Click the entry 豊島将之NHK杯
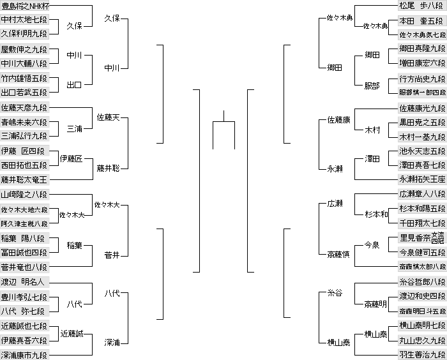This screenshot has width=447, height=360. (x=24, y=6)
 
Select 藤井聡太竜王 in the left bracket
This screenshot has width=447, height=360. (x=24, y=180)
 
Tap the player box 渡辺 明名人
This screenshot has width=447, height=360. (x=24, y=281)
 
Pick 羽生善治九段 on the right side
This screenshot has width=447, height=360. (x=421, y=354)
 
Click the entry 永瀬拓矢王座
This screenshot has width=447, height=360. (x=421, y=180)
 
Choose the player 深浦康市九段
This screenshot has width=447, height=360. (x=24, y=354)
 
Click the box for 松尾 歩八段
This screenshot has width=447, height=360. (x=421, y=6)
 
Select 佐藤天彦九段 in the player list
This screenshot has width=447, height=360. (x=24, y=107)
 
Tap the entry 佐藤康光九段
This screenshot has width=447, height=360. (x=421, y=107)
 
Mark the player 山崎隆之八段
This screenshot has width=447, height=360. (x=24, y=195)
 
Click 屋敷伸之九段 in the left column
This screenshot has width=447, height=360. (x=24, y=49)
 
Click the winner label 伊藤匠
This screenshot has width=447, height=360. (x=72, y=158)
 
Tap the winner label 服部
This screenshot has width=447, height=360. (x=372, y=85)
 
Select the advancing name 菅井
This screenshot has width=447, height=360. (x=112, y=255)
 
